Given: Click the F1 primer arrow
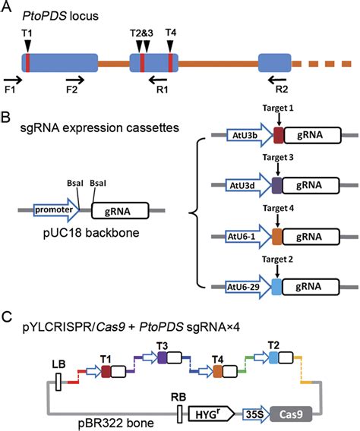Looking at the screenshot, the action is (x=13, y=80).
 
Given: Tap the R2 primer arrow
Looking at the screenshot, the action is (x=277, y=80).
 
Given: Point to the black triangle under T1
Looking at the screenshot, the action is (x=27, y=45).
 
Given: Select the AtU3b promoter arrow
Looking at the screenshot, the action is (x=249, y=135).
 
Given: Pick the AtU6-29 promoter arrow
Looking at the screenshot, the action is (x=248, y=287).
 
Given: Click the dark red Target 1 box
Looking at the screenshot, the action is (x=279, y=135).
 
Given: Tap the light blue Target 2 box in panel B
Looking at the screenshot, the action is (x=276, y=287).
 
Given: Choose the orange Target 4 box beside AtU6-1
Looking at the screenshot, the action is (x=277, y=237).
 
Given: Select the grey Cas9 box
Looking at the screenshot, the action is (x=291, y=414).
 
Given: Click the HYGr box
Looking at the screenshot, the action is (x=211, y=414).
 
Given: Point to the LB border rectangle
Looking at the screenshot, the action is (x=58, y=382).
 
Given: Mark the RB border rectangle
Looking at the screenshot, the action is (x=179, y=414).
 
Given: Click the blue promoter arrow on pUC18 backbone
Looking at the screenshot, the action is (x=56, y=210).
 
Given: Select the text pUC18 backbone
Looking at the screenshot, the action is (x=91, y=232).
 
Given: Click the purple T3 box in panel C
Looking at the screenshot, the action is (x=163, y=358).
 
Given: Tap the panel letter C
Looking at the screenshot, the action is (x=7, y=317).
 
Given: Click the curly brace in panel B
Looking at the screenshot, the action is (x=197, y=212).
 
